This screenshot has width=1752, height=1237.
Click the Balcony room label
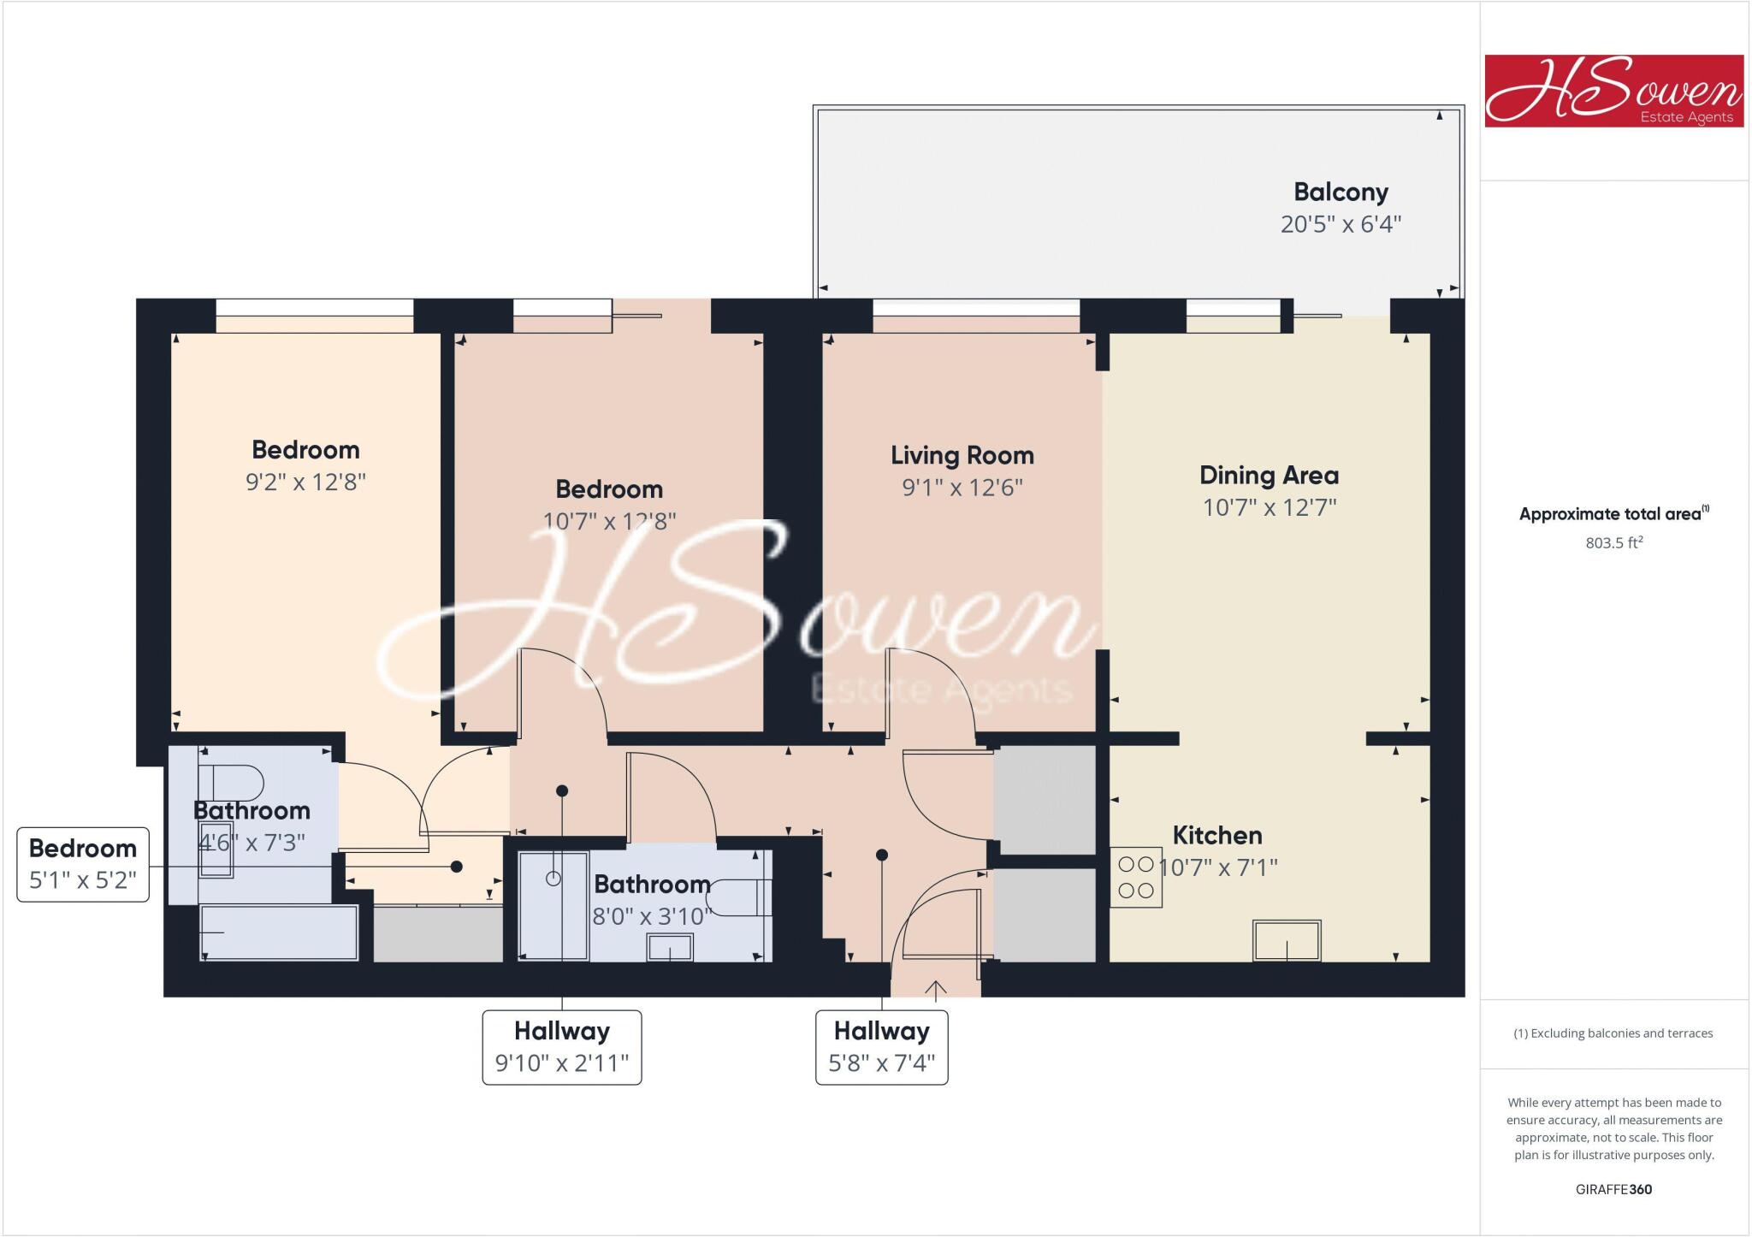tap(1341, 192)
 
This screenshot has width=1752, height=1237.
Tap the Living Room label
tap(962, 455)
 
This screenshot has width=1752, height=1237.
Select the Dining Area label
tap(1269, 476)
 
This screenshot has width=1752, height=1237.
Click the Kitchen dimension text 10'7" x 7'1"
tap(1218, 867)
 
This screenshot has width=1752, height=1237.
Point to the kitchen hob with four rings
tap(1136, 877)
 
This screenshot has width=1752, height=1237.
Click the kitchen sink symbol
tap(1287, 940)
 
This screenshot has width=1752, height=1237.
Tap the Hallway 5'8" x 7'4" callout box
tap(881, 1047)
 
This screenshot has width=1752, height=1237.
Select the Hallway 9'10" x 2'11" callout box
tap(561, 1047)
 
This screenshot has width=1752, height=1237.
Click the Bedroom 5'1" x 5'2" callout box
tap(83, 864)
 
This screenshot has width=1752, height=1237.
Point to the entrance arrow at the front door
tap(936, 990)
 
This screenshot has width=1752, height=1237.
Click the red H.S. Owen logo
tap(1613, 92)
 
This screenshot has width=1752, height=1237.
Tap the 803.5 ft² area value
tap(1613, 542)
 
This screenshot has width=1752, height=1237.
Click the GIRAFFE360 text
tap(1613, 1189)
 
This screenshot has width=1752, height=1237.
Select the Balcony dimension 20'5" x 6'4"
tap(1341, 224)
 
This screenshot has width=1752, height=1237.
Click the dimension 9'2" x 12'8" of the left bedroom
tap(305, 482)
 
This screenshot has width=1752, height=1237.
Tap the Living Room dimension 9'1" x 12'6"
tap(962, 488)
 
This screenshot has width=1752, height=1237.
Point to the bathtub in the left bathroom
tap(279, 933)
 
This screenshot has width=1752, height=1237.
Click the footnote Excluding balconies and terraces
tap(1613, 1033)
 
